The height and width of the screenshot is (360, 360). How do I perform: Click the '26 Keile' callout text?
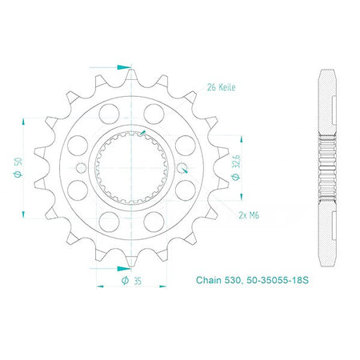coord(221,87)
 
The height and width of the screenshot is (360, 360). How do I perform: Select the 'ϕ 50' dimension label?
coord(18,167)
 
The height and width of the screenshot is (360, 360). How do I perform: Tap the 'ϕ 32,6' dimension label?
coord(236,167)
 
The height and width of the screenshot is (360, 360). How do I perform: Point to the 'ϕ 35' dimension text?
coord(131,281)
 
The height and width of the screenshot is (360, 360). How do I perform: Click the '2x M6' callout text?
coord(249,215)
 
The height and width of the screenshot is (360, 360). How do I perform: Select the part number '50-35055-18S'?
coord(278,280)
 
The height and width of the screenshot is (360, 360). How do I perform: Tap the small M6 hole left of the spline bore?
coord(81,168)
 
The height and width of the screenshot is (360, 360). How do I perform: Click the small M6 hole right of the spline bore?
coord(182,168)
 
